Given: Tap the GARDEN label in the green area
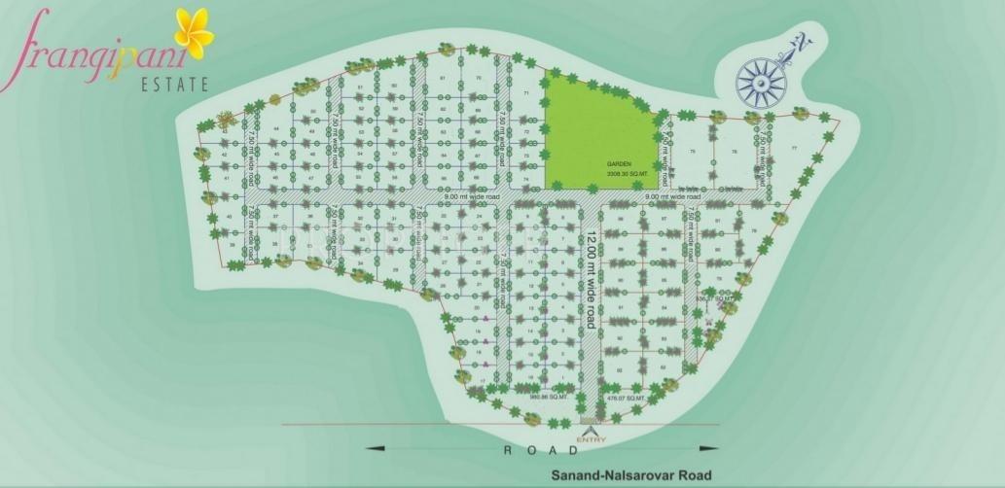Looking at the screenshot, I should [x=617, y=164].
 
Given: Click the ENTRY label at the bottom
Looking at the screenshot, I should [x=591, y=440].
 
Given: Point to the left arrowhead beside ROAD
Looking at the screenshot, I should [x=372, y=449].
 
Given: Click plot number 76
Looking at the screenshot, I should [x=734, y=152].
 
